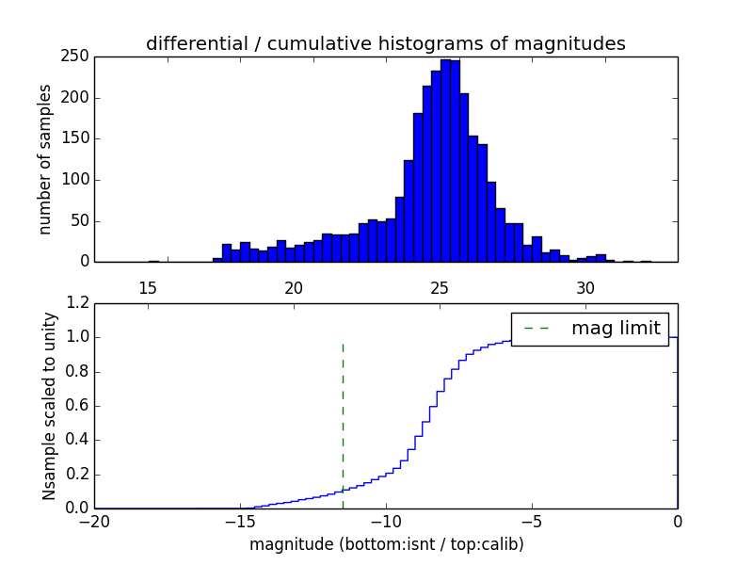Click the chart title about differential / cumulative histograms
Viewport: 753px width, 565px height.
click(x=385, y=43)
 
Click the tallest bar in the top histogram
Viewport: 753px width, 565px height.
click(x=446, y=160)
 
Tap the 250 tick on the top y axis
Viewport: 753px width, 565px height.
click(x=78, y=56)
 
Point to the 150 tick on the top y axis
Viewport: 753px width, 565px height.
click(x=78, y=138)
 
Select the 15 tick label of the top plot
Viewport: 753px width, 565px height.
click(x=148, y=287)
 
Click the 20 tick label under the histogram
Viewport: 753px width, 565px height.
click(x=294, y=287)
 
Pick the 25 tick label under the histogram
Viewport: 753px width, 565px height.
click(x=440, y=287)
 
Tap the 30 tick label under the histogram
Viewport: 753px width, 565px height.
click(x=585, y=287)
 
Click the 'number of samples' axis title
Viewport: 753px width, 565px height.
click(x=45, y=158)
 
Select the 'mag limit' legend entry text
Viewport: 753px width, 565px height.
click(x=616, y=328)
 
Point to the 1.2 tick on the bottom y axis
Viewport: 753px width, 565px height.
click(x=80, y=303)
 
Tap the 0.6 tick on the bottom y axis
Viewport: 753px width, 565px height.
click(x=80, y=406)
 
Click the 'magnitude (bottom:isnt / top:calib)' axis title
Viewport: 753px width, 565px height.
click(x=386, y=544)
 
